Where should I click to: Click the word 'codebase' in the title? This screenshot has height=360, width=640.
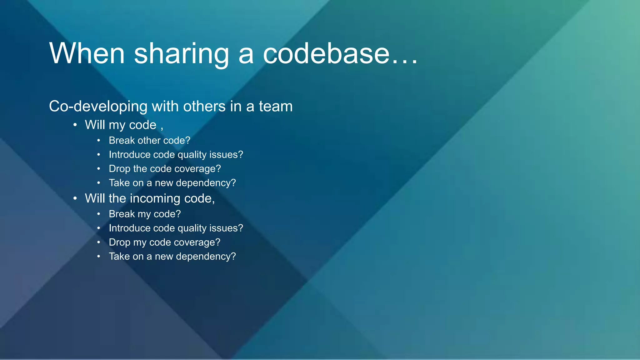point(326,54)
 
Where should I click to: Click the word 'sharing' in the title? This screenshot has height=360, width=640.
point(182,54)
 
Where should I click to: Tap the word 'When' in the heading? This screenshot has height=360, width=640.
point(87,54)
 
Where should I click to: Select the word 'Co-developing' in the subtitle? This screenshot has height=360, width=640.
point(98,107)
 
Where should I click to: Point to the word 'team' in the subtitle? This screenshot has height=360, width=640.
point(276,107)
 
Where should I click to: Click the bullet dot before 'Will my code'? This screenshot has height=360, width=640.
point(75,125)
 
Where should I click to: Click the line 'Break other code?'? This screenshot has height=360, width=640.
point(149,141)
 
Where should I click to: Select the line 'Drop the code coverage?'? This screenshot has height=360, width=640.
point(165,169)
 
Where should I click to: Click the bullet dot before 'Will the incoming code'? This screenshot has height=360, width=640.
point(75,198)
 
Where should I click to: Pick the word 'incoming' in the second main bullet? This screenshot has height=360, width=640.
point(155,198)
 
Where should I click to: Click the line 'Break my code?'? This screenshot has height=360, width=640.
point(145,214)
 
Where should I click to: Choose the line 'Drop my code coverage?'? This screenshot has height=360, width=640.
point(164,242)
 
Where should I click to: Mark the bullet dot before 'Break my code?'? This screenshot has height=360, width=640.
point(98,214)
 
